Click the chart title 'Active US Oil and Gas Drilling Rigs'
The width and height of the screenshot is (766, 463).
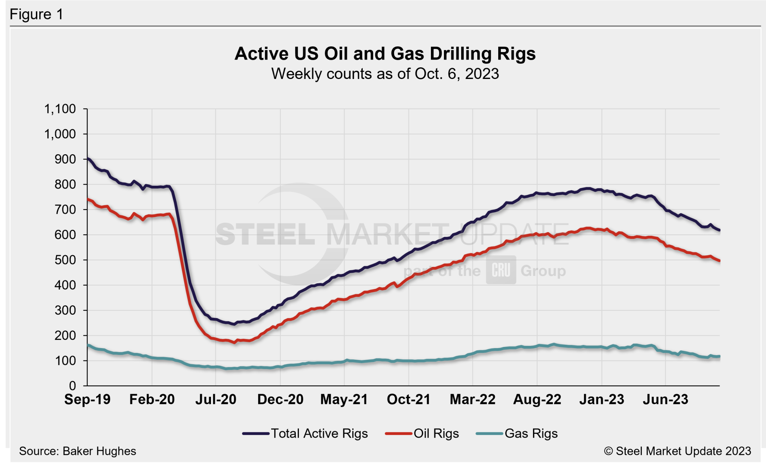pos(385,54)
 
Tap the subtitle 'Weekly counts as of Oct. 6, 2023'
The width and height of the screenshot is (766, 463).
pos(385,74)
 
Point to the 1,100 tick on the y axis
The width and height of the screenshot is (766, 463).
pos(60,109)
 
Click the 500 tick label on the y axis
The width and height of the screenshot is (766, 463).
pos(65,260)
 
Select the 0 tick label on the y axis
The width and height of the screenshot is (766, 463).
pos(72,386)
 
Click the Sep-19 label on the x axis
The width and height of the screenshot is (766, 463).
pos(87,399)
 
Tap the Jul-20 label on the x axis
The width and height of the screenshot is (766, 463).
pos(216,399)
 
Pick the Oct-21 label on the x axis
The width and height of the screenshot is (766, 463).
pos(408,399)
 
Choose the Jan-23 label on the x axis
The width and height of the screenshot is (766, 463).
pos(601,399)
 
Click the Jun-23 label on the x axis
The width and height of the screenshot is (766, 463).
pos(665,399)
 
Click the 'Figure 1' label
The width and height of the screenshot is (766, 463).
pos(36,14)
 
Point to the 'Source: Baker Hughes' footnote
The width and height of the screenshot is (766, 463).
pos(77,451)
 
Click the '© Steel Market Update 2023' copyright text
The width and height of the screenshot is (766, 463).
pos(677,451)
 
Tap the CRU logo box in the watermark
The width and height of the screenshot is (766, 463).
pos(501,270)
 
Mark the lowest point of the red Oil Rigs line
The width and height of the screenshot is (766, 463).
pos(235,342)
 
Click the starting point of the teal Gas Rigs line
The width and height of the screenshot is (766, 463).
pos(88,345)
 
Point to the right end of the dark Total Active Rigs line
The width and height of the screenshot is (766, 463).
pos(720,230)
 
